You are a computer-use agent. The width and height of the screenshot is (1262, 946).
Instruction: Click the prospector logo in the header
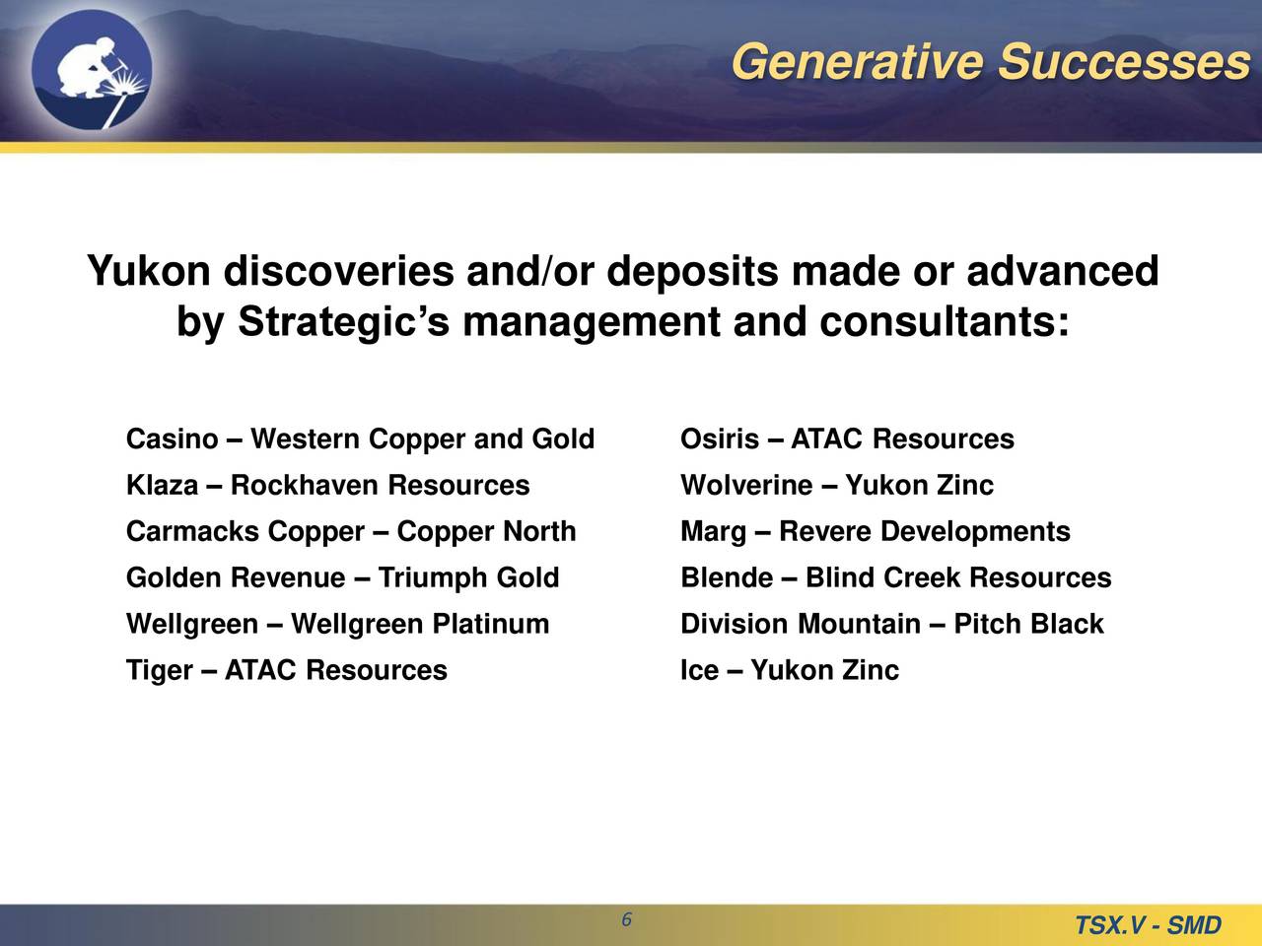[92, 70]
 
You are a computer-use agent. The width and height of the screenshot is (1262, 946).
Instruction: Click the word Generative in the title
[857, 61]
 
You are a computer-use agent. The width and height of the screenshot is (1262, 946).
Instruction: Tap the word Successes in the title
[1124, 61]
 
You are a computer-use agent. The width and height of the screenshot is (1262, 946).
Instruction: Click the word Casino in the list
[172, 439]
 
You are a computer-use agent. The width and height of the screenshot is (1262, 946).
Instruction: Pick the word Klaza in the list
[162, 486]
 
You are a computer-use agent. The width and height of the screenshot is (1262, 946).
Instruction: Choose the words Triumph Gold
[468, 577]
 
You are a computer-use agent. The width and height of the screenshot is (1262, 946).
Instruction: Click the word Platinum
[490, 624]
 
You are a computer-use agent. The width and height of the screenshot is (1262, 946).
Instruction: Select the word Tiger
[160, 671]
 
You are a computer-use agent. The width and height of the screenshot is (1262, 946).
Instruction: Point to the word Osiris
[720, 439]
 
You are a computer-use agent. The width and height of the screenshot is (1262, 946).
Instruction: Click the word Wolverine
[746, 486]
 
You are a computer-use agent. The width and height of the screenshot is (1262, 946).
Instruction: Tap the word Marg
[713, 532]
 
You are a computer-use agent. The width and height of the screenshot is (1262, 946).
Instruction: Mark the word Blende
[727, 577]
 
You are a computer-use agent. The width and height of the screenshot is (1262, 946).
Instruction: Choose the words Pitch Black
[1028, 624]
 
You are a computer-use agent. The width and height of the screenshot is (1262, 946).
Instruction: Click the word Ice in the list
[699, 670]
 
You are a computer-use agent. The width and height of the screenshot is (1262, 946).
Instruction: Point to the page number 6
[627, 919]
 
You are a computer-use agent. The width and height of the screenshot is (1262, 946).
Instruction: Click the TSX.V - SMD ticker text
[1148, 925]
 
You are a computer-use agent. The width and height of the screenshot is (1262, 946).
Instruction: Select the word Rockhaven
[303, 486]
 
